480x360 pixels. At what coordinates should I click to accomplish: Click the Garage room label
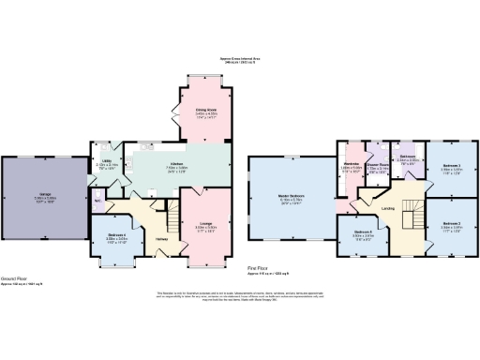point(44,194)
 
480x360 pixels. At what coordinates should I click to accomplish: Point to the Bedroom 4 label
point(116,236)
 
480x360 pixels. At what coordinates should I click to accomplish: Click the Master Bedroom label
point(292,196)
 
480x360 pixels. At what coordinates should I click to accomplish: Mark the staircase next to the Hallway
point(170,221)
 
